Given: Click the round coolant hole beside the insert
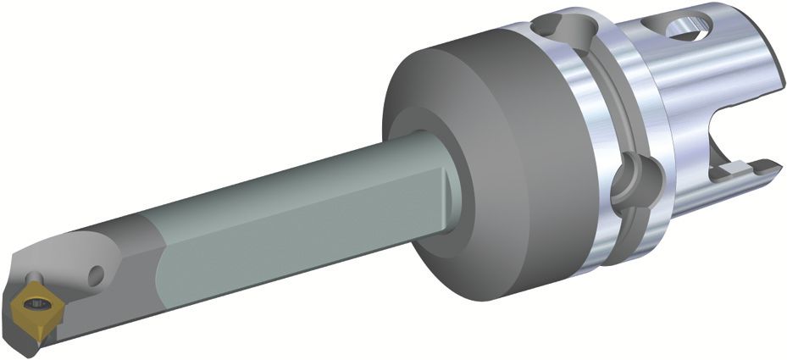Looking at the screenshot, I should point(96,274).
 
